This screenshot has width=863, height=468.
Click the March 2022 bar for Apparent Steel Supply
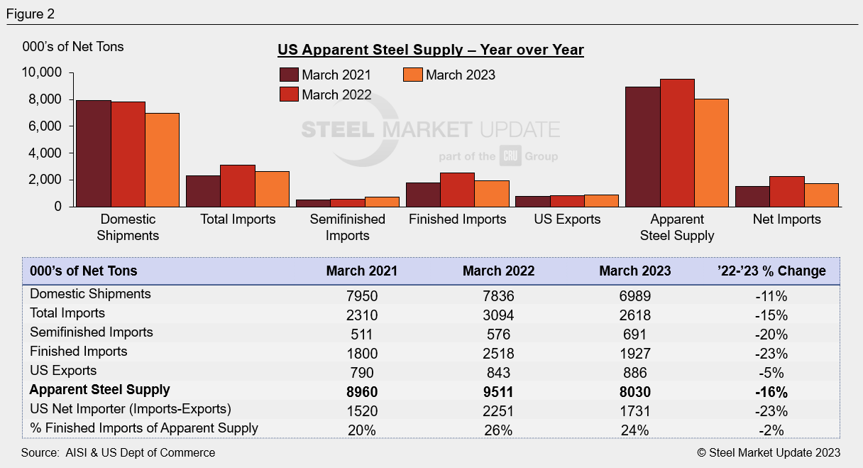coord(677,143)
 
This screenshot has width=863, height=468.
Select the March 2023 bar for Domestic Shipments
coord(163,160)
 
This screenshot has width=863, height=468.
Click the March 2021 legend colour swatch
coord(289,75)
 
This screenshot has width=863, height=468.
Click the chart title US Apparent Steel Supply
coord(430,50)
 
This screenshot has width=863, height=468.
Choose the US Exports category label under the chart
coord(567,219)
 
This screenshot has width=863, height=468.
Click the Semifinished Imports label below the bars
coord(348,227)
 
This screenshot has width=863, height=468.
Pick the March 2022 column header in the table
coord(498,271)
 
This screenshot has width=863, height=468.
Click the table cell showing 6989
coord(634,294)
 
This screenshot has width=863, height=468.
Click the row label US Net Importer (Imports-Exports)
coord(129,409)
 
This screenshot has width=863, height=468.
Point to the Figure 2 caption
coord(31,13)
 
